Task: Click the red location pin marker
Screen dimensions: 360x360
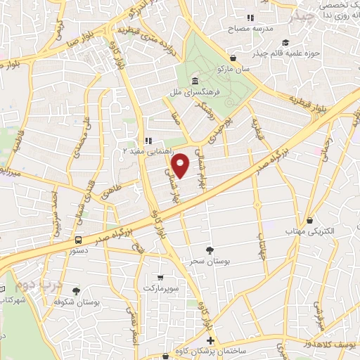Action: pyautogui.click(x=181, y=167)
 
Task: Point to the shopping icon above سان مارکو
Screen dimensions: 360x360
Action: pyautogui.click(x=233, y=58)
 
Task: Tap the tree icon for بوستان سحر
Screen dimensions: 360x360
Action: pyautogui.click(x=209, y=250)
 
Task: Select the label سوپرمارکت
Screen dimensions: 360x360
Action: pyautogui.click(x=162, y=288)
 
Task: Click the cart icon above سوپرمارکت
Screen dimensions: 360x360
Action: pyautogui.click(x=162, y=278)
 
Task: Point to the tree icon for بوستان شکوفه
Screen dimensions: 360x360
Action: pyautogui.click(x=76, y=291)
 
